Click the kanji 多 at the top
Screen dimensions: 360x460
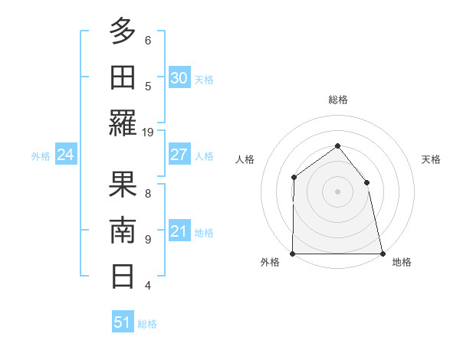tap(123, 32)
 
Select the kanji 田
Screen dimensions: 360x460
tap(123, 78)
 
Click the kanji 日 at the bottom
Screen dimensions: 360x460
tap(123, 276)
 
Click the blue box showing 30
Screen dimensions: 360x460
tap(179, 78)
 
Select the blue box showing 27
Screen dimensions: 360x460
tap(179, 155)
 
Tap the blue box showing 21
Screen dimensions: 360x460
tap(179, 231)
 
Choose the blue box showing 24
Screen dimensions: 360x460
tap(65, 155)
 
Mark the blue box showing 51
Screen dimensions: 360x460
tap(122, 322)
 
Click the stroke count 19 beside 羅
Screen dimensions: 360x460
tap(148, 132)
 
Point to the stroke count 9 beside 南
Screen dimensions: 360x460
tap(148, 240)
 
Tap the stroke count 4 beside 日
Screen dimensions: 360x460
tap(148, 286)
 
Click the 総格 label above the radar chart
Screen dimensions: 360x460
tap(337, 100)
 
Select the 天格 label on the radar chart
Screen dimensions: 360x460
tap(432, 159)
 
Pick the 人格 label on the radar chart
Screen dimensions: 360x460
tap(245, 159)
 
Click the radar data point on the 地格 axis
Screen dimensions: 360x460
tap(382, 254)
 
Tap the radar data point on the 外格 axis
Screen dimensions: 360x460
tap(293, 254)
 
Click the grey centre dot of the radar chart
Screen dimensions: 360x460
tap(337, 191)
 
